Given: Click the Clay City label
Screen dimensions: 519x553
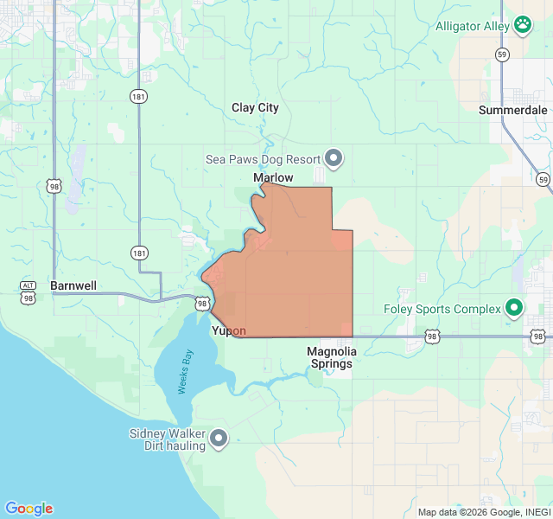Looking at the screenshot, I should click(x=255, y=108).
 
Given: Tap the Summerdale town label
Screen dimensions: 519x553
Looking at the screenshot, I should click(x=513, y=110).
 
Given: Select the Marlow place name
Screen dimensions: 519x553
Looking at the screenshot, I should click(x=273, y=177).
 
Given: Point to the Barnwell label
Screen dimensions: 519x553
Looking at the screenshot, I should click(x=73, y=285).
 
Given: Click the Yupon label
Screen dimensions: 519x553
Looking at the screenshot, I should click(x=229, y=330).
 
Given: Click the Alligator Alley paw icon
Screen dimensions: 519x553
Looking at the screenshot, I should click(x=523, y=25).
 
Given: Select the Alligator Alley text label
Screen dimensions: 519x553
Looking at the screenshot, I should click(x=472, y=26).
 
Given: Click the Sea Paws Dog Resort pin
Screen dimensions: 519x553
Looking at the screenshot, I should click(x=334, y=158).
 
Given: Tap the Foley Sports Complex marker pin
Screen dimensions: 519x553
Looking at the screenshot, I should click(x=514, y=308).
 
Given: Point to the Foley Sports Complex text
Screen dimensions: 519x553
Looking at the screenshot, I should click(x=442, y=309).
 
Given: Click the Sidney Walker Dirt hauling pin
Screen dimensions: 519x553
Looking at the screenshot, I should click(x=219, y=439).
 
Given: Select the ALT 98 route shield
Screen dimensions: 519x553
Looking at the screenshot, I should click(x=29, y=292).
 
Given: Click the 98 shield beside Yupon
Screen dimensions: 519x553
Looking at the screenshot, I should click(x=202, y=304).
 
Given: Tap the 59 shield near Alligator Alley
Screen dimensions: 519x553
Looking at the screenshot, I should click(x=501, y=54).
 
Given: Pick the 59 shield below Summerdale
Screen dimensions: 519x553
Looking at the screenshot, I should click(x=542, y=179).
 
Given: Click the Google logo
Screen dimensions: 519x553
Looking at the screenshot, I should click(x=29, y=509).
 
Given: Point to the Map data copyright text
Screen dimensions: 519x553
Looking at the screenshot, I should click(x=484, y=512).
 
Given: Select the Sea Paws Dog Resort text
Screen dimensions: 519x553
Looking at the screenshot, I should click(x=263, y=159).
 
